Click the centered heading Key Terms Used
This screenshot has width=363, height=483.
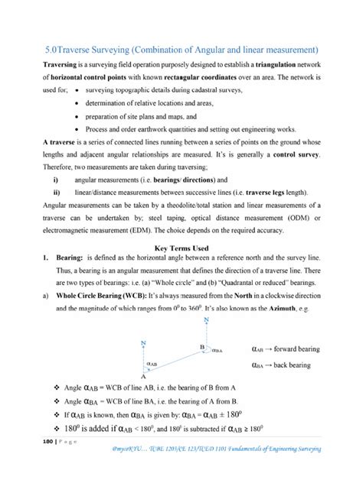[x=181, y=248]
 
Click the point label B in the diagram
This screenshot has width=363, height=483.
[x=201, y=347]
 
